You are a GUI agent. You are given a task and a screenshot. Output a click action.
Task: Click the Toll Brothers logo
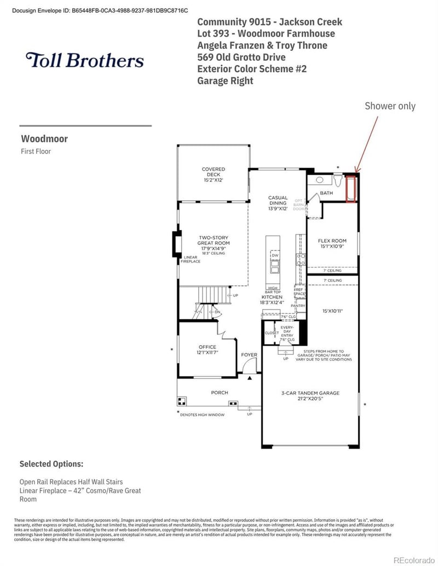click(x=85, y=60)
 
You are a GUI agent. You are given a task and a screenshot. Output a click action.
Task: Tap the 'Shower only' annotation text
click(x=390, y=106)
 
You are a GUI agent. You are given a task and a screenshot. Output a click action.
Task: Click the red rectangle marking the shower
click(x=351, y=188)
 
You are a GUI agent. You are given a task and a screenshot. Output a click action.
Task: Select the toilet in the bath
click(x=338, y=180)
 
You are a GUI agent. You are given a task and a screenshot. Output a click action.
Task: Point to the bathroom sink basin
click(x=319, y=179)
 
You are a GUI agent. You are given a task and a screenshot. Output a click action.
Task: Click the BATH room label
click(x=326, y=193)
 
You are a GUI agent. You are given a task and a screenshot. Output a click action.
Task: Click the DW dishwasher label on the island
click(x=274, y=255)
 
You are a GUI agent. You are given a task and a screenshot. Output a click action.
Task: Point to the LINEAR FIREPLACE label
click(x=192, y=259)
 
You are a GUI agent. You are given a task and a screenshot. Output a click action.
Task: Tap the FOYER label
click(x=249, y=355)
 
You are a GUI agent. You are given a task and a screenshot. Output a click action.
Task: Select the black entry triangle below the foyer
click(x=250, y=377)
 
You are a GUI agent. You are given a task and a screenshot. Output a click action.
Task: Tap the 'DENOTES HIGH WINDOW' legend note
click(x=202, y=415)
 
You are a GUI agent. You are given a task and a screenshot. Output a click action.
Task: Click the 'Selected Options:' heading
click(x=51, y=464)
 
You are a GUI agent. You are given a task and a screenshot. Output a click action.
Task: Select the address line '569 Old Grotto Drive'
click(x=241, y=57)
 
